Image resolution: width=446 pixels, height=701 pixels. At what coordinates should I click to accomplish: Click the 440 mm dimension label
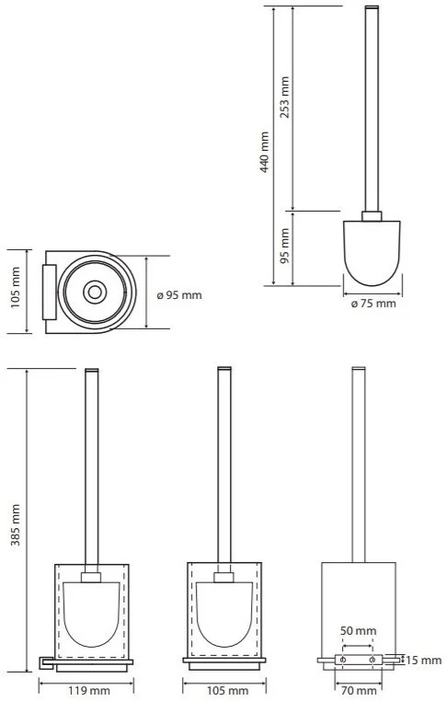265,152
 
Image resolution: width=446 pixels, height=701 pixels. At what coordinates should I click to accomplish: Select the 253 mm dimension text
284,98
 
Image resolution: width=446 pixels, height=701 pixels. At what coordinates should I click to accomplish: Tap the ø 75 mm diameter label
373,304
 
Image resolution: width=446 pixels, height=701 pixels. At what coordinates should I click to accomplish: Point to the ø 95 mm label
179,295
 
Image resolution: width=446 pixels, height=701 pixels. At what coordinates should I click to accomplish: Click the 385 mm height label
16,525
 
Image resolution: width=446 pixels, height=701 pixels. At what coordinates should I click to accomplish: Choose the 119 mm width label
89,691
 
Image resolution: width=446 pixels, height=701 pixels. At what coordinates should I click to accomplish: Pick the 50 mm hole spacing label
359,631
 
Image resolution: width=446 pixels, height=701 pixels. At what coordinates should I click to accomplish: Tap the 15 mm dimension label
423,660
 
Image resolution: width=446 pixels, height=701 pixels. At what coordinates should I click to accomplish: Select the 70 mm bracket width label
359,691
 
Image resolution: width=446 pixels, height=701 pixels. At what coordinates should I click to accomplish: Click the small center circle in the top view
95,293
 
